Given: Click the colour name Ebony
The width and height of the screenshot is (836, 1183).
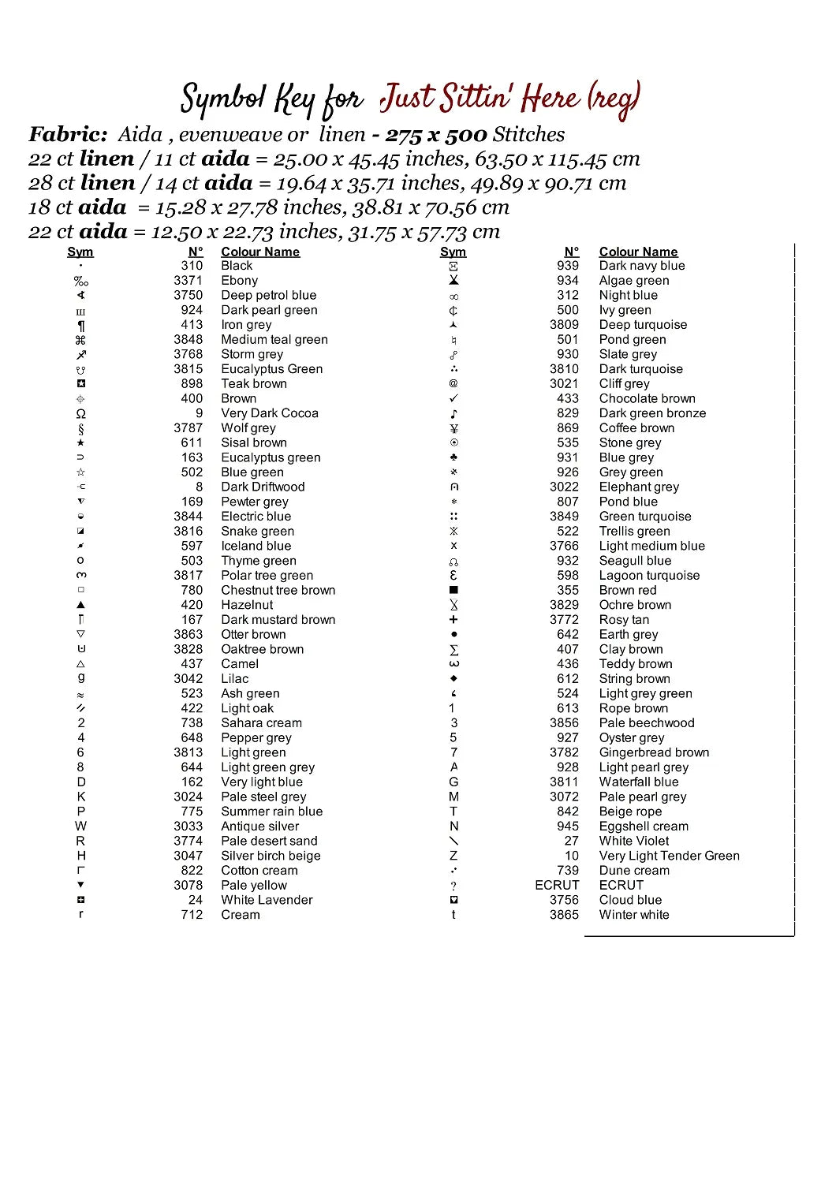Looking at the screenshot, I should click(x=239, y=281).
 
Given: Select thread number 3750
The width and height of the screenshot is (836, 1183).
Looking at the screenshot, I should click(x=188, y=295).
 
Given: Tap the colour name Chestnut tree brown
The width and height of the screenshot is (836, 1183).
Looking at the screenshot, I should click(x=278, y=590).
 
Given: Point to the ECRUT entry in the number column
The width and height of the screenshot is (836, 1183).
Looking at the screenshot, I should click(x=557, y=885).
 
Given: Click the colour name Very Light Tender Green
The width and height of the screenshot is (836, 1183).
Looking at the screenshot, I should click(x=669, y=856).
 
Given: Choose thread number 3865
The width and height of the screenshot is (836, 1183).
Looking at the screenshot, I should click(x=564, y=915).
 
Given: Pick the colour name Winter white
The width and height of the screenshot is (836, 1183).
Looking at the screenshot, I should click(x=634, y=915).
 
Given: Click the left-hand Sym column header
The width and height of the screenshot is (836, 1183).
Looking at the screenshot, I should click(x=80, y=252).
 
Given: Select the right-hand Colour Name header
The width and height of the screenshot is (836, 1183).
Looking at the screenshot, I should click(x=638, y=252).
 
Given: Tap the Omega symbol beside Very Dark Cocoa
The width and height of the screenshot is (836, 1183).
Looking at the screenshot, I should click(x=80, y=413).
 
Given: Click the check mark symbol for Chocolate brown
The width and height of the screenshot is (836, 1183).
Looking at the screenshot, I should click(x=453, y=398).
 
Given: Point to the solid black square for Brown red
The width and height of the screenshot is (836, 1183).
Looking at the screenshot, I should click(x=453, y=590).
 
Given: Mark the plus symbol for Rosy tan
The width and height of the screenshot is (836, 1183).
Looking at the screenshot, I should click(x=453, y=620).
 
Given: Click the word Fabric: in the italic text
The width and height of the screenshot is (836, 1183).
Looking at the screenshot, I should click(x=68, y=134).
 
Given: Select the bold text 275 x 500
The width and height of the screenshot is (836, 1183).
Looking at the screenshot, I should click(x=436, y=135).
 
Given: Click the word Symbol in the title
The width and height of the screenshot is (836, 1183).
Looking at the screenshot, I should click(x=223, y=99).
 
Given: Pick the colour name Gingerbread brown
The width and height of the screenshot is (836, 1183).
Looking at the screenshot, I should click(x=654, y=752).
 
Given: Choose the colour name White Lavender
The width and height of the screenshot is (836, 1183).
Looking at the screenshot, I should click(x=267, y=900).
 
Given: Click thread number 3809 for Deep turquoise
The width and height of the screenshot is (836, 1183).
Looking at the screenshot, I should click(x=564, y=324).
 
